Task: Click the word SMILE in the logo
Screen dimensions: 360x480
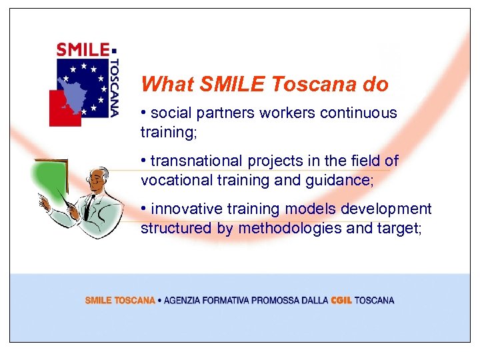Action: tap(83, 49)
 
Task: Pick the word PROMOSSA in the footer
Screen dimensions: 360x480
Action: tap(278, 301)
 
